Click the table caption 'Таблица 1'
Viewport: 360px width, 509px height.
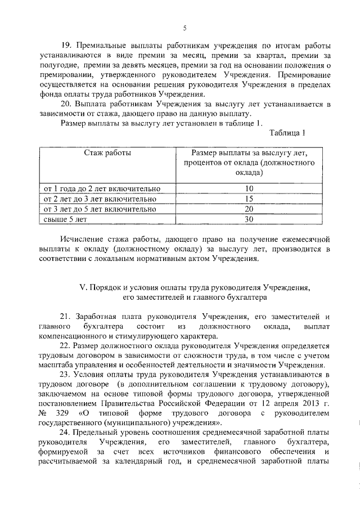(x=287, y=133)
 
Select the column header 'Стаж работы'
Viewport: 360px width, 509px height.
(x=108, y=152)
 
